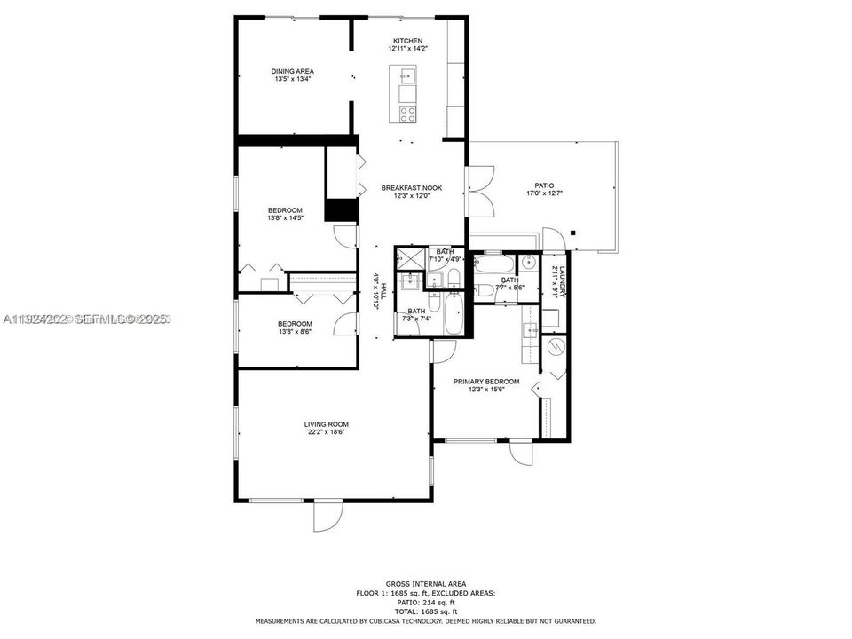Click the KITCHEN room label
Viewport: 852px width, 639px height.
(x=408, y=42)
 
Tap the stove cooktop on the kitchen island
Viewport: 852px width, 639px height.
(x=407, y=114)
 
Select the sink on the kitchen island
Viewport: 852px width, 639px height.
(x=407, y=75)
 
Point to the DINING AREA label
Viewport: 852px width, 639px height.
(x=292, y=71)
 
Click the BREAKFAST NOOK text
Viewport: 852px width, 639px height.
(x=411, y=187)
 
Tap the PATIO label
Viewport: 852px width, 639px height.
(x=543, y=185)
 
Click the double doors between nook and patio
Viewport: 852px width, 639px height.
(x=478, y=189)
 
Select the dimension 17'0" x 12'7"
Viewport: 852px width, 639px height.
(x=543, y=193)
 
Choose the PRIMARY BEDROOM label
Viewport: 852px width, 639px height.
(x=486, y=382)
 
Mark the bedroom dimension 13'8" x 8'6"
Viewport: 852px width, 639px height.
(x=295, y=331)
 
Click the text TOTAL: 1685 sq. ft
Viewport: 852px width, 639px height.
(x=426, y=612)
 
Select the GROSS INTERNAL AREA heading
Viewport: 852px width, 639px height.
(x=426, y=583)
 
